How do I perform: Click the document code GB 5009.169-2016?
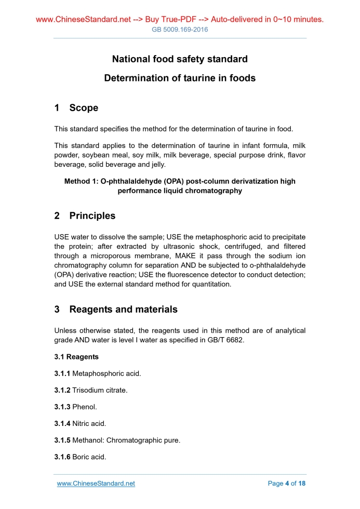[x=180, y=30]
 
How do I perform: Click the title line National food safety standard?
[x=180, y=59]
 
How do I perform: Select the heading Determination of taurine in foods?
[x=180, y=78]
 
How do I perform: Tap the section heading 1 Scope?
[x=76, y=108]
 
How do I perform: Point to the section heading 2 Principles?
[x=85, y=216]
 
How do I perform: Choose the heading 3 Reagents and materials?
[x=116, y=310]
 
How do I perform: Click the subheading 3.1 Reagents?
[x=76, y=357]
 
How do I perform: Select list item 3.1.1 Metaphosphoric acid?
[x=98, y=373]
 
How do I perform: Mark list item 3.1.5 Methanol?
[x=117, y=440]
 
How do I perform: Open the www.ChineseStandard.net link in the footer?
[x=96, y=484]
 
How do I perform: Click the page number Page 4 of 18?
[x=287, y=484]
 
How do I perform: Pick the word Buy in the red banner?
[x=153, y=20]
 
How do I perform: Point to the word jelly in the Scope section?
[x=155, y=164]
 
